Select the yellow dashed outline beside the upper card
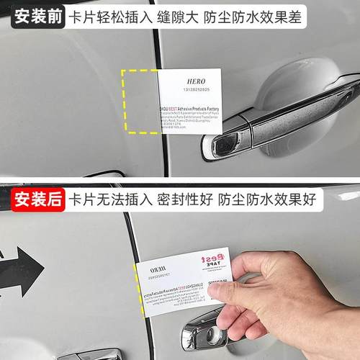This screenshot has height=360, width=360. [140, 101]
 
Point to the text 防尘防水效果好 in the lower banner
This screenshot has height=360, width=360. [277, 197]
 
